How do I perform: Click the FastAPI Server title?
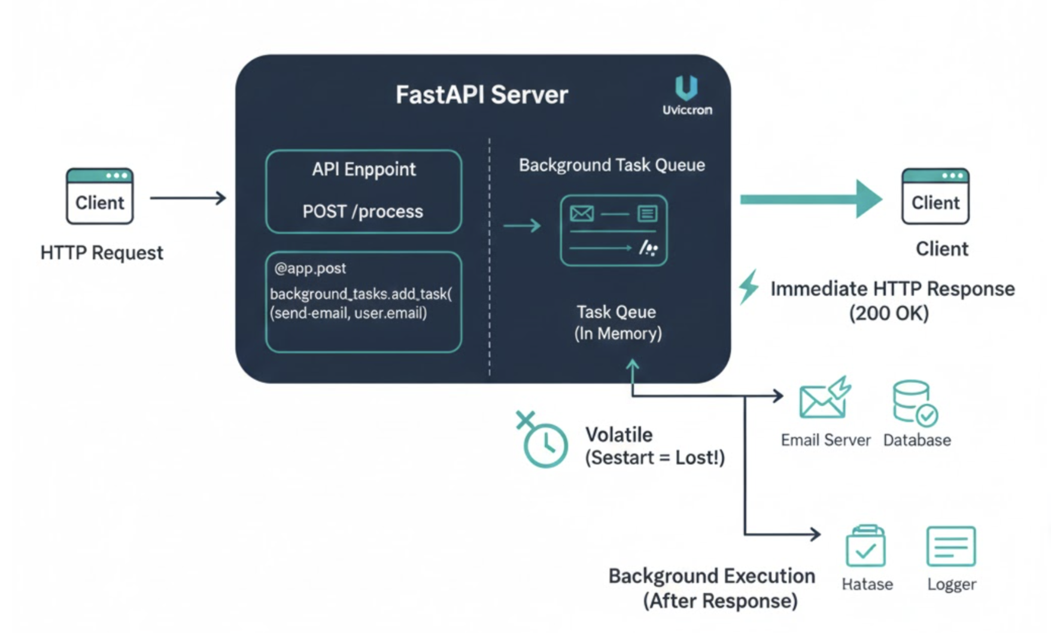(x=481, y=95)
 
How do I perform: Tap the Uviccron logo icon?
(x=686, y=88)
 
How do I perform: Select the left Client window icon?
(x=99, y=196)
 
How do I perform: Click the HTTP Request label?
(x=102, y=252)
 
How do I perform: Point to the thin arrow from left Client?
(x=188, y=198)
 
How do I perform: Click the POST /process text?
(x=363, y=211)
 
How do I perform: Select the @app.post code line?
(x=310, y=268)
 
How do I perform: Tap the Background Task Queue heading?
(x=612, y=165)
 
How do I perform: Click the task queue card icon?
(x=613, y=230)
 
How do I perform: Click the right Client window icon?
(x=935, y=196)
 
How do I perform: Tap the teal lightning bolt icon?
(x=749, y=287)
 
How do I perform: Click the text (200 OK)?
(x=889, y=313)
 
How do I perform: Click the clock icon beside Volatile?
(x=543, y=443)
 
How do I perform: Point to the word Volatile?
(x=619, y=434)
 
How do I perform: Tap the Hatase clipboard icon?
(x=865, y=546)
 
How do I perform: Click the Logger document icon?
(x=950, y=546)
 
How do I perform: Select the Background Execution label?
(x=712, y=576)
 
